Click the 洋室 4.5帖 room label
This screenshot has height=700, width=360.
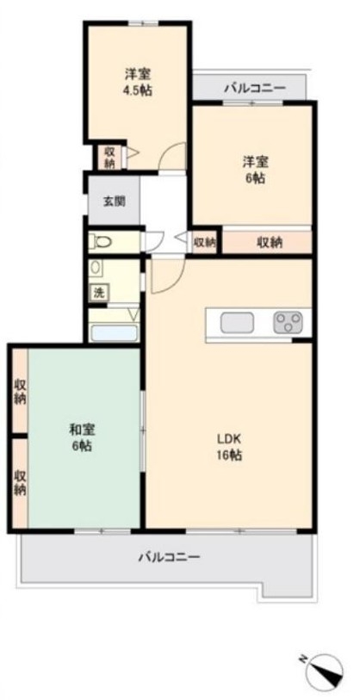138,82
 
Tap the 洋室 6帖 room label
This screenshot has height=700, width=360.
255,170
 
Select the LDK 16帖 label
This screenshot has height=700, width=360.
230,447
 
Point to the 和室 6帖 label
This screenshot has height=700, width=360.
82,438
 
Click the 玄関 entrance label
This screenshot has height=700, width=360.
114,201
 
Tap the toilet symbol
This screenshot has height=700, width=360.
100,243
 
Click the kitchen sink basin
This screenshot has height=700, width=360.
237,323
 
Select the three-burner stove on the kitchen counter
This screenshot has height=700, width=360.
287,323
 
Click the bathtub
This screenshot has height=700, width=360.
114,333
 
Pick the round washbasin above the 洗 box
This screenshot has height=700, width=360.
95,268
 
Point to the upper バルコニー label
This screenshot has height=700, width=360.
255,88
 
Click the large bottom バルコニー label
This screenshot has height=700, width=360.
169,557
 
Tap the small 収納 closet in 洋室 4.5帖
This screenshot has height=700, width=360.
109,158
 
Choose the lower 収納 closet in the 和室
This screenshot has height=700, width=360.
20,483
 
